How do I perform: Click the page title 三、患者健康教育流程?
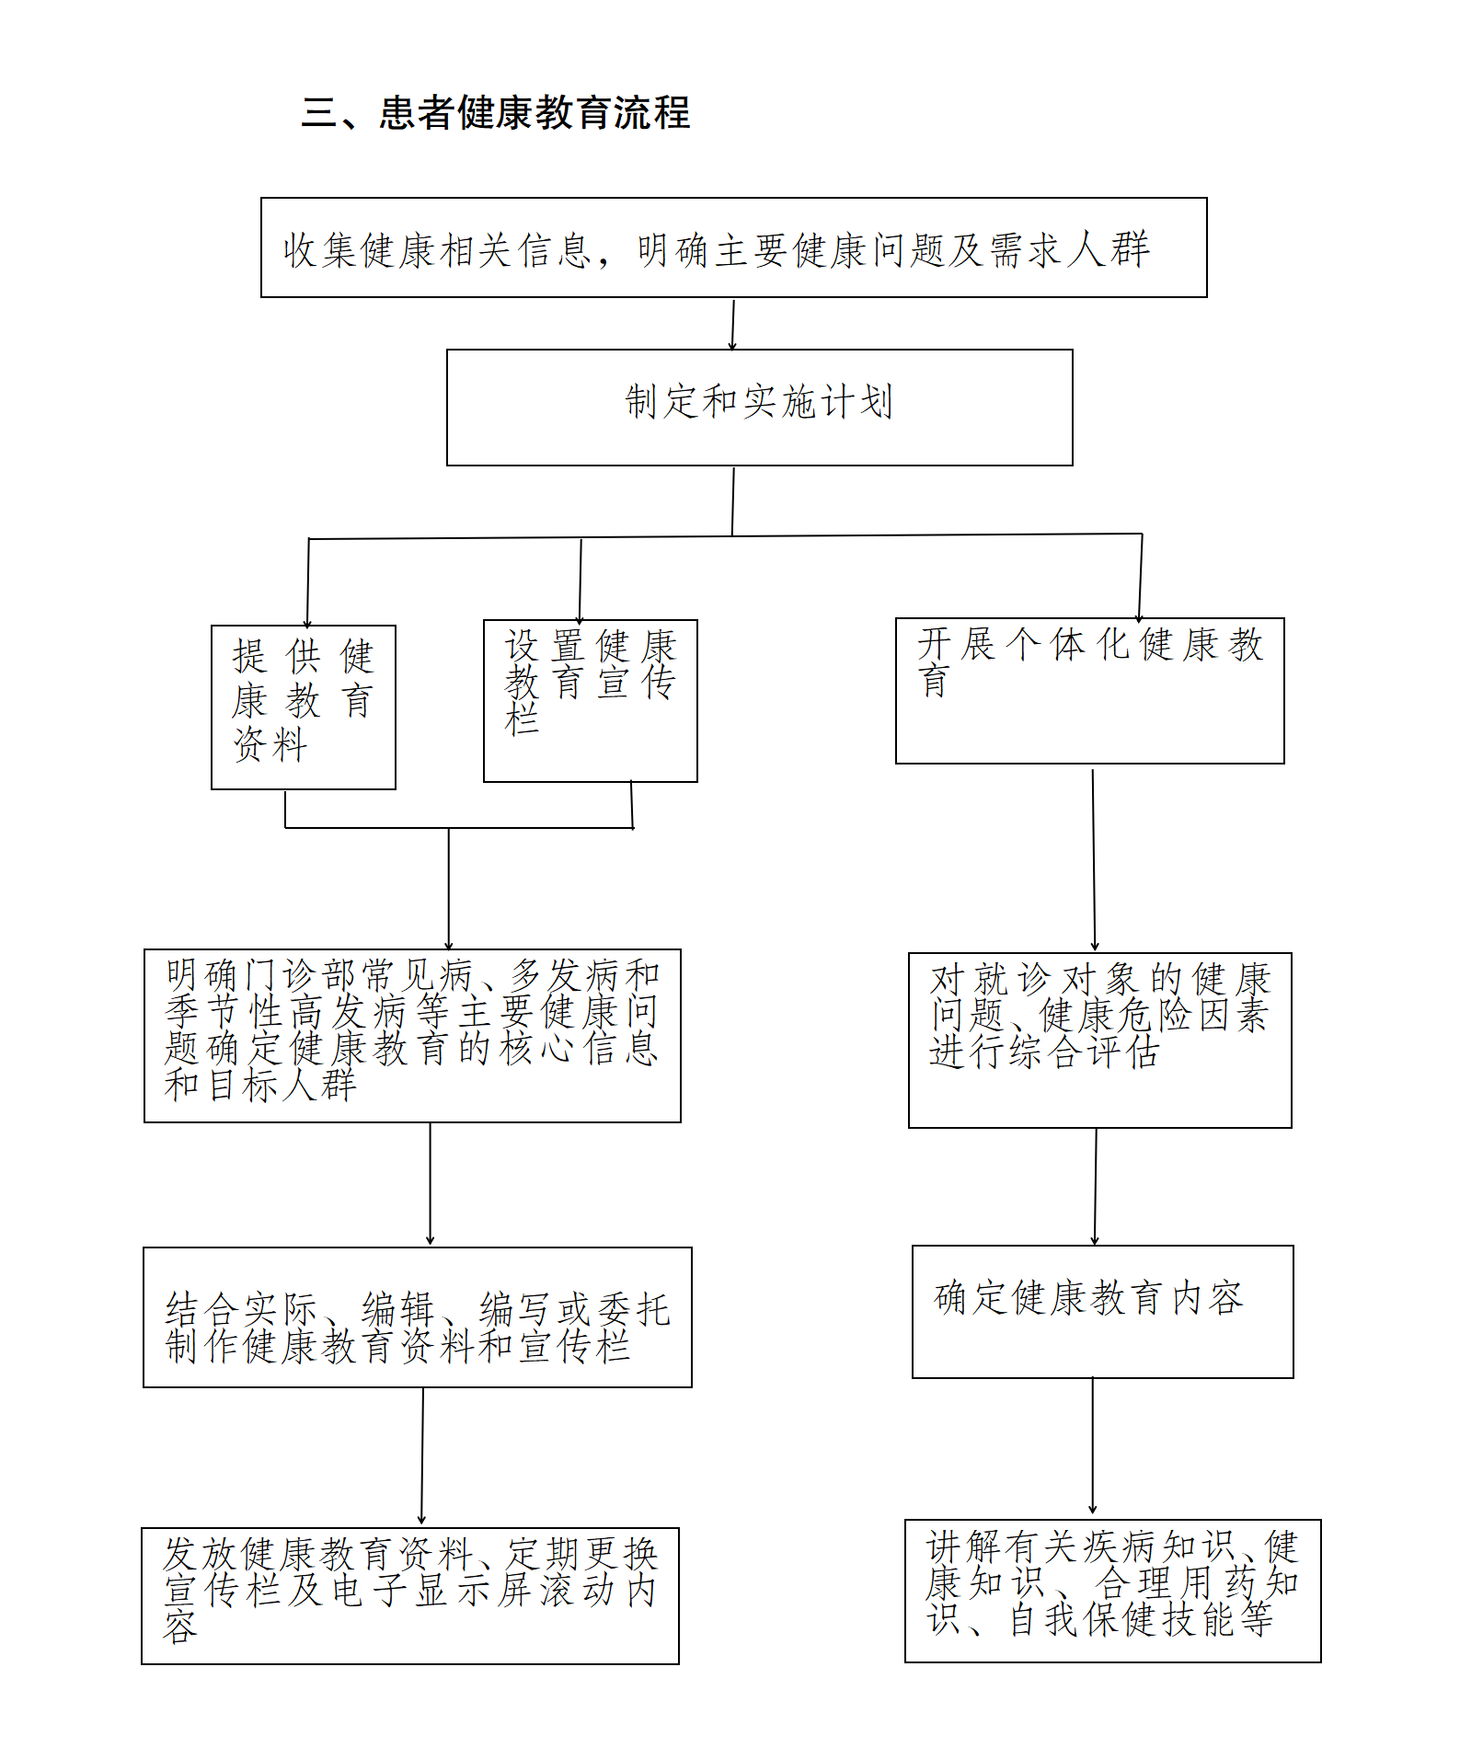(x=496, y=113)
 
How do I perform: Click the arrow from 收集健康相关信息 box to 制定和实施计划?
(x=732, y=324)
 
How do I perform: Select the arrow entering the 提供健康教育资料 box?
(x=308, y=582)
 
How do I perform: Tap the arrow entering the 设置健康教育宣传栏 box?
(x=581, y=580)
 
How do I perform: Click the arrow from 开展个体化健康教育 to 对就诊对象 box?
(x=1094, y=858)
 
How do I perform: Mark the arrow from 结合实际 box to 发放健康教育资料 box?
(x=422, y=1456)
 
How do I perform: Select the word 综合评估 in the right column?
(x=1083, y=1052)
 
